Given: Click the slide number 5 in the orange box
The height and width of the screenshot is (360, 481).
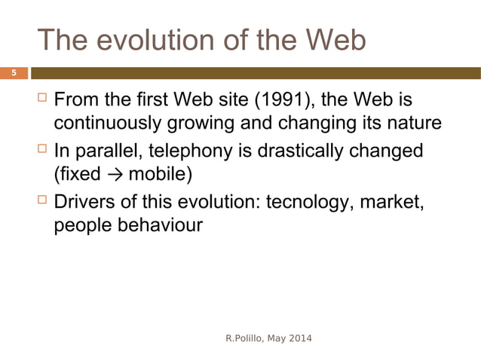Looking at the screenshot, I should [x=13, y=73].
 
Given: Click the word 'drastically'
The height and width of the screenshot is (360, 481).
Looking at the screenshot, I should [x=305, y=151].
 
